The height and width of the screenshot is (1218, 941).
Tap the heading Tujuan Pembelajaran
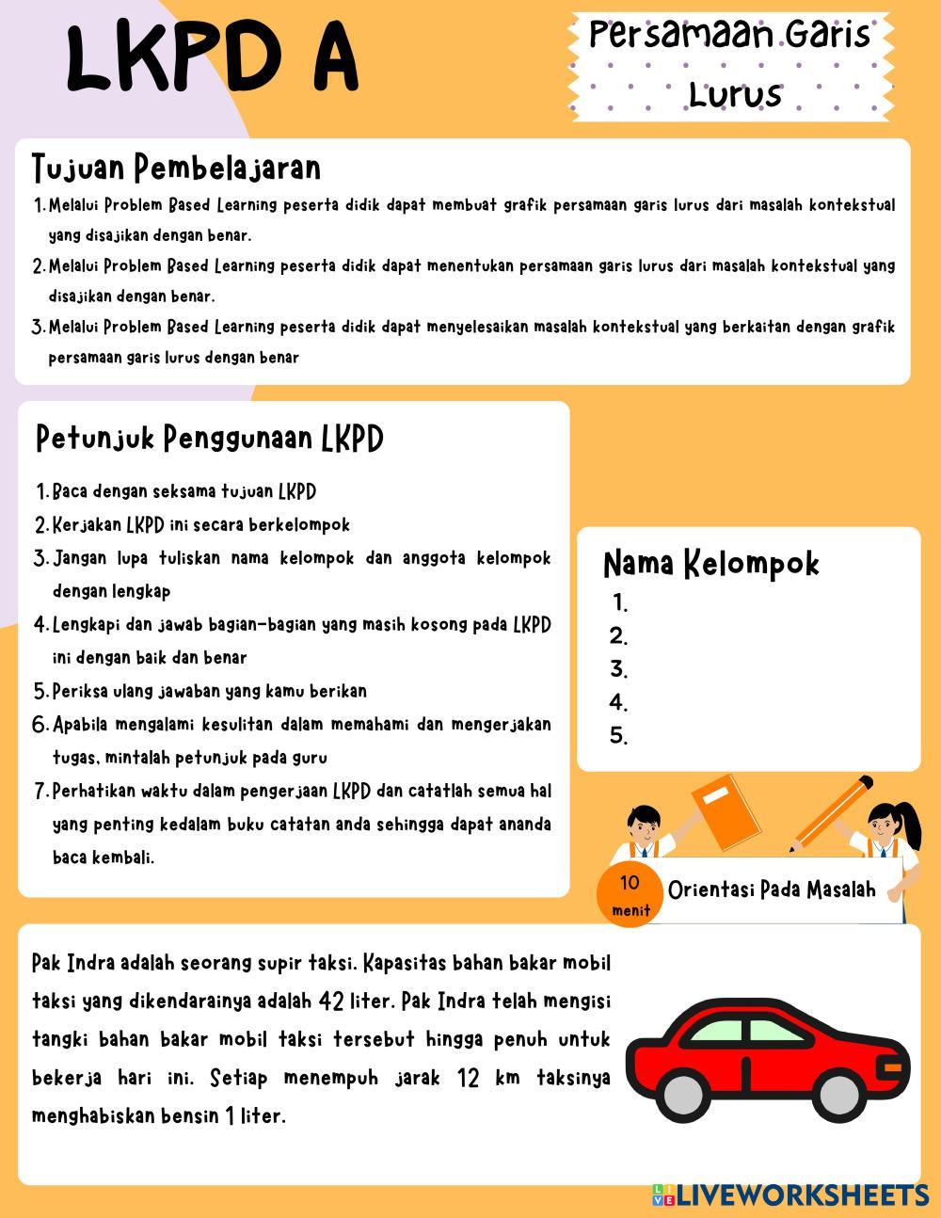[176, 168]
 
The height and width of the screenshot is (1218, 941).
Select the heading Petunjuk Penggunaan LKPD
[209, 438]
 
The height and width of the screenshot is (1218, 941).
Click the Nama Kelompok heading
[710, 563]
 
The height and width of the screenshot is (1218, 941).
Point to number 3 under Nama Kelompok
[618, 669]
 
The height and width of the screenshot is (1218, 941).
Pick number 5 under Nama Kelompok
[618, 736]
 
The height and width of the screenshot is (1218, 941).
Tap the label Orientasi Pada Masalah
[772, 889]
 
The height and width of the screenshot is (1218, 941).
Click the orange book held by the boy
[726, 812]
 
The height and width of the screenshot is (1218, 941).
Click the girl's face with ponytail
[884, 828]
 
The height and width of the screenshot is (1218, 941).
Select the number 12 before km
[469, 1077]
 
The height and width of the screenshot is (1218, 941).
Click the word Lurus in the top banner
[735, 94]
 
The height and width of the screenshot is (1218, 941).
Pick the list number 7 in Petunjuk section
[41, 791]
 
